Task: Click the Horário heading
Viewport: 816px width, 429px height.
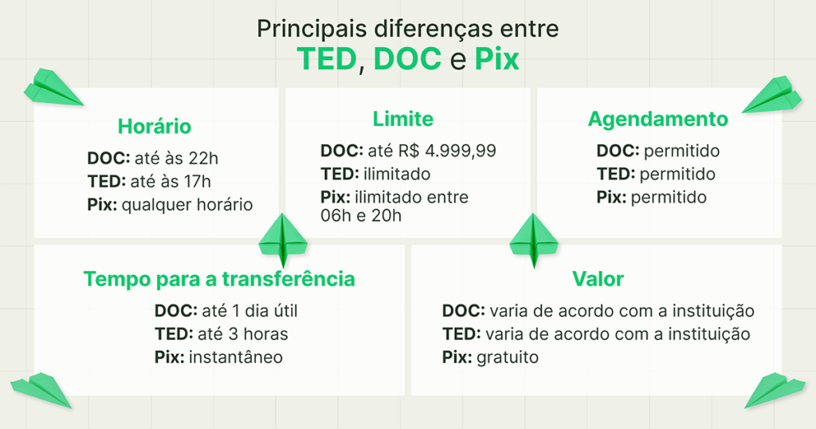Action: point(155,126)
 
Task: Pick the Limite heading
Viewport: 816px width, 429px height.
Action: point(403,119)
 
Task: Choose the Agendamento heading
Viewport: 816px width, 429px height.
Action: point(658,119)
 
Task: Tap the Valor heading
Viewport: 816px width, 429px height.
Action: point(598,279)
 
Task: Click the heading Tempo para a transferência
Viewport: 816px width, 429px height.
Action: point(219,279)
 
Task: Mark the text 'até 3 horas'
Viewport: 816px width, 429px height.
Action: point(237,333)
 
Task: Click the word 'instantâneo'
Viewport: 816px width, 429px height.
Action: point(236,356)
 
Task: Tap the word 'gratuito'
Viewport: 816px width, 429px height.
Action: point(508,357)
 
